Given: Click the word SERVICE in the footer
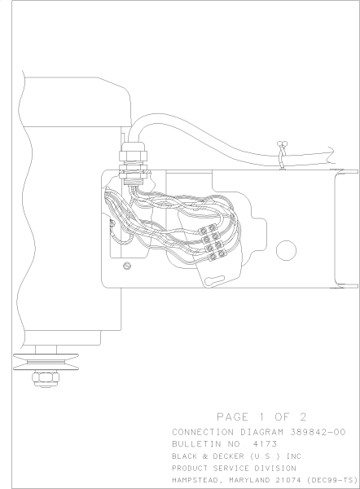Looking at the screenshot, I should click(236, 469).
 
